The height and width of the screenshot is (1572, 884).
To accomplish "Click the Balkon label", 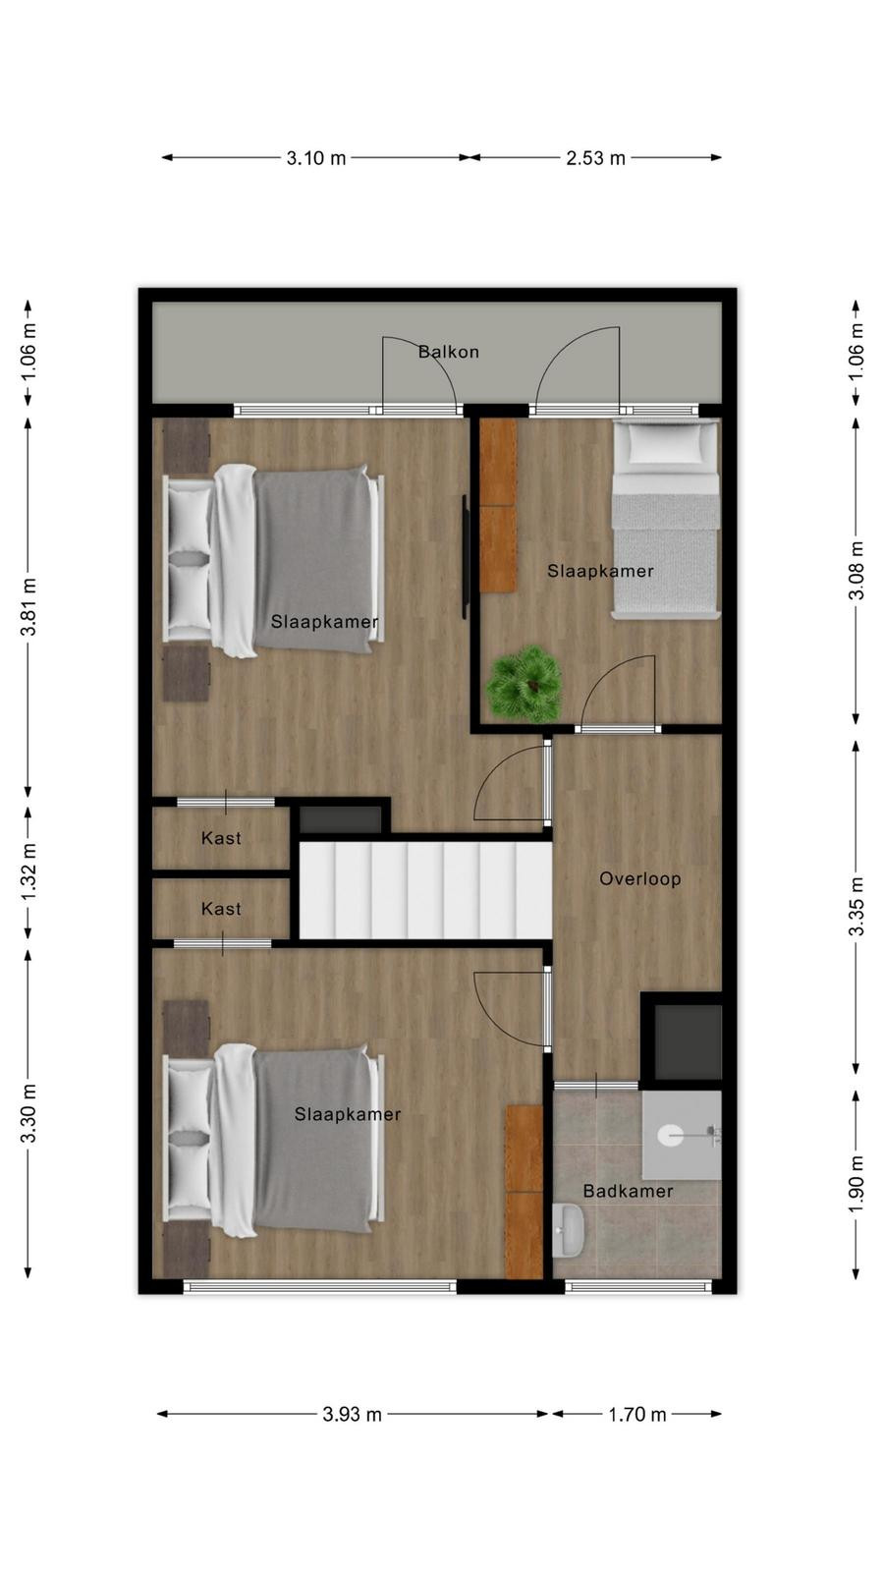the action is pos(448,352).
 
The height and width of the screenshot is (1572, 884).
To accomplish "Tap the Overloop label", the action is pos(639,878).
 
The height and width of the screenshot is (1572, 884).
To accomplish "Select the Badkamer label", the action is pos(628,1191).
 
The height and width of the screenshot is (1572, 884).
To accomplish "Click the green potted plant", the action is pos(525,684).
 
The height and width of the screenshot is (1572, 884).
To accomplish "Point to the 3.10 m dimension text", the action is pos(315,158).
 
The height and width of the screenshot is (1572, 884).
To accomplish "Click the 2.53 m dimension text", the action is pos(595,158).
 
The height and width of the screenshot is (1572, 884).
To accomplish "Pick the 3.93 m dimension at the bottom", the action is pos(353,1414).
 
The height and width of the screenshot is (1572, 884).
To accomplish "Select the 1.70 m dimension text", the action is pos(637,1414).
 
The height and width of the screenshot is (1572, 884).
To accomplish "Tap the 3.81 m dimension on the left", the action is pos(28,607).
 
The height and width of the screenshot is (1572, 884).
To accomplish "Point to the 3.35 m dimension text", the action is pos(856,906).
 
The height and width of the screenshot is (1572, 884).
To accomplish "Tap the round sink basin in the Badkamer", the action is pos(672,1135).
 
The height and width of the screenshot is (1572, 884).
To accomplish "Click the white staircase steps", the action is pos(425,890).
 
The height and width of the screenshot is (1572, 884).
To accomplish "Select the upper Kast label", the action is pos(221,838).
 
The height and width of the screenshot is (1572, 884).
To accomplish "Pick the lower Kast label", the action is pos(221,909).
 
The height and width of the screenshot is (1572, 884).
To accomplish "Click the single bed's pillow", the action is pos(667,443).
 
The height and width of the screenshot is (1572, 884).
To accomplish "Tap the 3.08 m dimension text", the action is pos(856,571).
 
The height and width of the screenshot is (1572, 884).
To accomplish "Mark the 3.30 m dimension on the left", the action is pos(28,1114).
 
